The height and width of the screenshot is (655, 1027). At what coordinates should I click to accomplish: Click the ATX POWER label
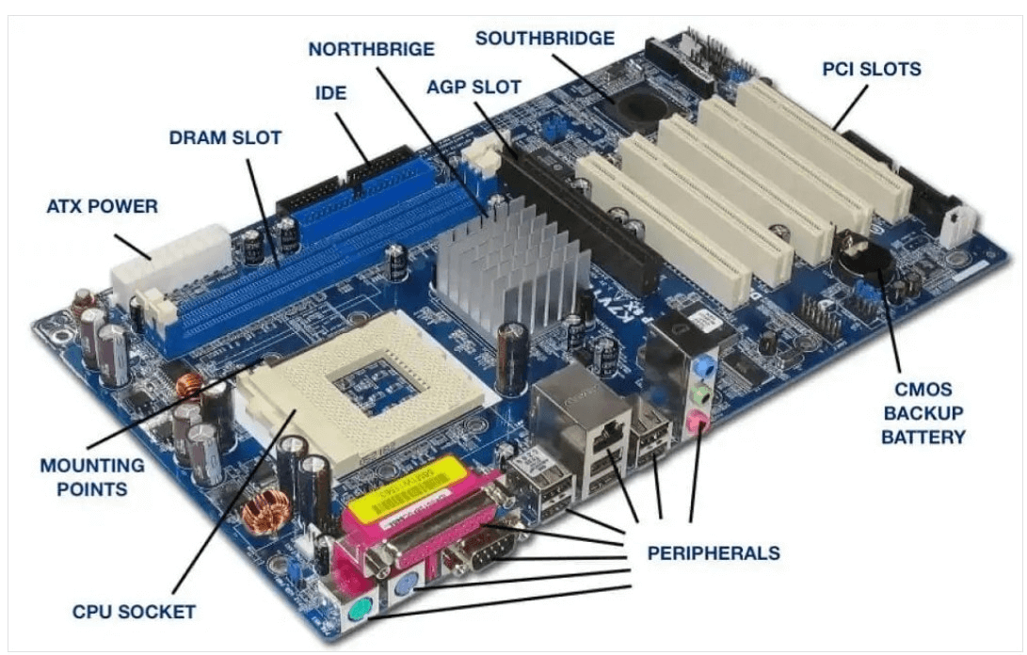coord(103,204)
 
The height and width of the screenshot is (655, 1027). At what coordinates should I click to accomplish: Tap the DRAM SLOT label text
coord(225,137)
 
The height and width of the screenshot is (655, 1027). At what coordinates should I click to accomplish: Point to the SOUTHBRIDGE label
coord(545,39)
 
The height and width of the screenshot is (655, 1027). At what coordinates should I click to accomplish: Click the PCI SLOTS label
coord(871,69)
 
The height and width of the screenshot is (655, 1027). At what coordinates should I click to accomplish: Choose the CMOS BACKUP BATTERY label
coord(923,412)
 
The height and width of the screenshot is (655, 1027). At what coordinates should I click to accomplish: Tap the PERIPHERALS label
coord(713,551)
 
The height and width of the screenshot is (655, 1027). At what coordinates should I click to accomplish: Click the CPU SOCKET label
coord(134,612)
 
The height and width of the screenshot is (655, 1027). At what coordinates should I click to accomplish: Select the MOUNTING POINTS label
coord(91,477)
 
